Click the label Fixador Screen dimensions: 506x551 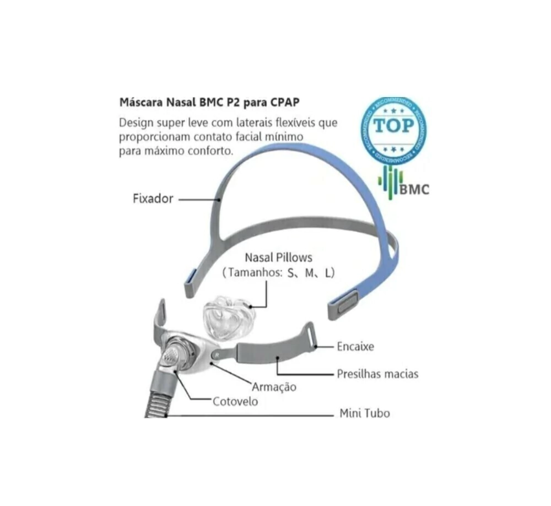(153, 198)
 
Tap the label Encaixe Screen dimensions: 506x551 (355, 347)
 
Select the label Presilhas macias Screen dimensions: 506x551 (377, 374)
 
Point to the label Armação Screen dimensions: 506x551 (274, 386)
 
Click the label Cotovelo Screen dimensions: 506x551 (235, 401)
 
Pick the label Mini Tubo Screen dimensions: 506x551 (364, 413)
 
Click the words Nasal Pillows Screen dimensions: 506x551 (278, 257)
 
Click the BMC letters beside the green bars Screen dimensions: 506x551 (414, 190)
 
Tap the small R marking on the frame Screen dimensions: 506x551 (218, 355)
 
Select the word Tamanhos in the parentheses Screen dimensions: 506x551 (255, 272)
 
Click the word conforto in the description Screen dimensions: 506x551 (210, 150)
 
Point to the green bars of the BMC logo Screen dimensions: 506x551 (390, 182)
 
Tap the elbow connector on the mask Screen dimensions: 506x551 (171, 361)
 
